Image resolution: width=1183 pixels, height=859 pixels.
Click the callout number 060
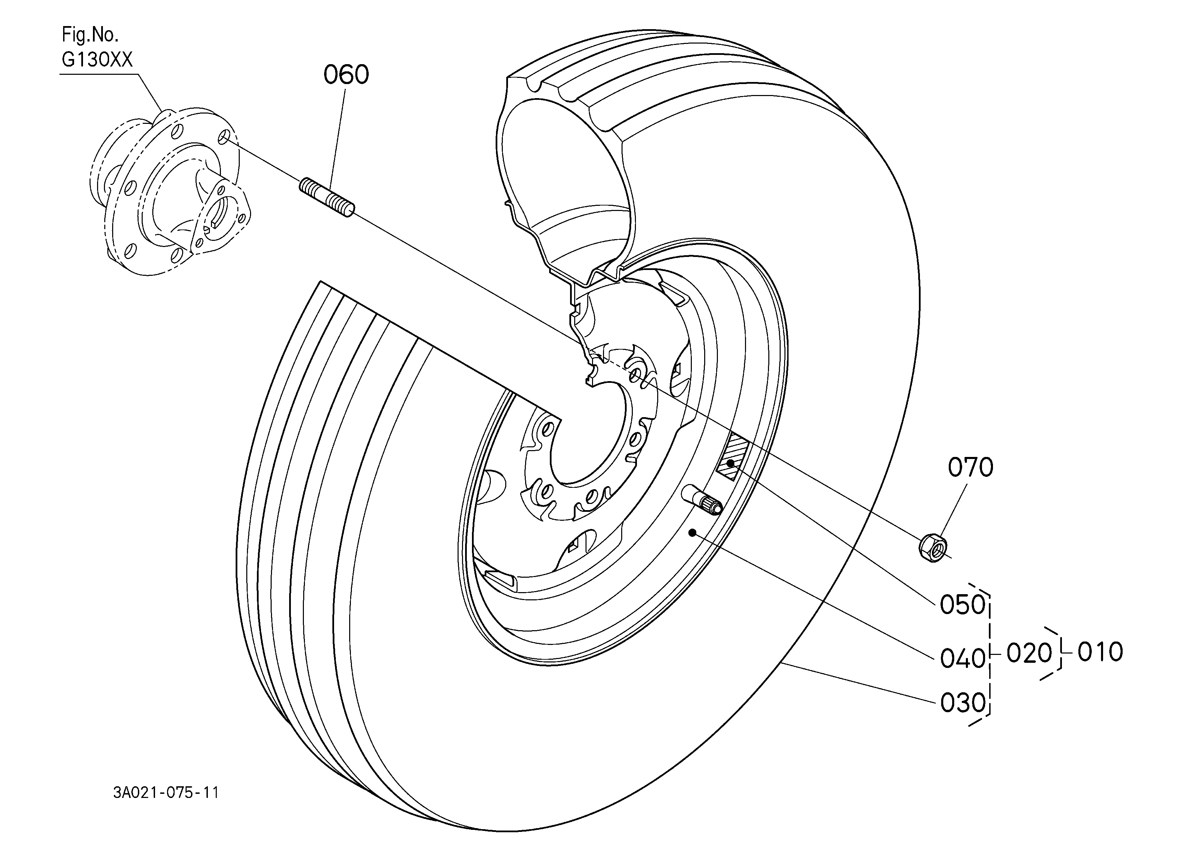coord(346,74)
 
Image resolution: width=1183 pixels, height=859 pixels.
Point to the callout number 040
coord(962,659)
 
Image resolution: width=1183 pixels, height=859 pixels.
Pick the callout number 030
coord(962,703)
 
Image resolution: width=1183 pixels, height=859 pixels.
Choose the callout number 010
coord(1100,652)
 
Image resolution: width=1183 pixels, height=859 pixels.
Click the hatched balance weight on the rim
coord(732,456)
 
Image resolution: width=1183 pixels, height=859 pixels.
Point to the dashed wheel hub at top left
coord(169,192)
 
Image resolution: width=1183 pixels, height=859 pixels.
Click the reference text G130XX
coord(97,60)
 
